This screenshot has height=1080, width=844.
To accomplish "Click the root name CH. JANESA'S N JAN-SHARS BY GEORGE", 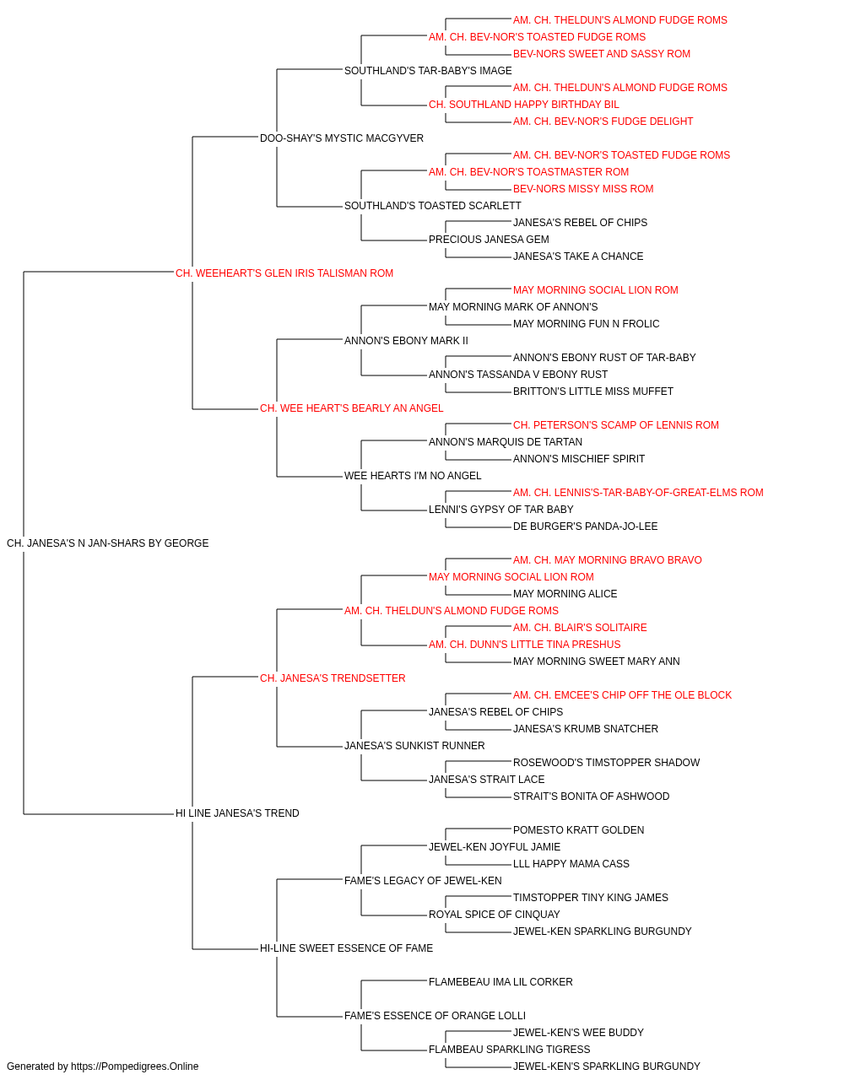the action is [107, 543].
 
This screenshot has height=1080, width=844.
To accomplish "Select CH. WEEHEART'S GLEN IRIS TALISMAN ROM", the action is [284, 273].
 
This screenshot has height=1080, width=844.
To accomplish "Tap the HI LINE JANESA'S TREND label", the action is [237, 813].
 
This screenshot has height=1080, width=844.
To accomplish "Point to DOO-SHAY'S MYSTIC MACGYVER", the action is [342, 138].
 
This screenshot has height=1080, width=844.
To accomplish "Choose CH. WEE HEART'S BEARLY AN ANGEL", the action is [351, 408].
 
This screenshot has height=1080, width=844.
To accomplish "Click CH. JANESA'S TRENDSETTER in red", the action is [333, 678].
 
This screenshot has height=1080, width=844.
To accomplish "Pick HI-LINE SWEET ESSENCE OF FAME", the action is [346, 948].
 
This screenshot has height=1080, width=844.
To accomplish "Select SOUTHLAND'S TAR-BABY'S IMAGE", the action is [428, 71].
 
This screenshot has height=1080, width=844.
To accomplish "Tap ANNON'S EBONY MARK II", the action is [406, 340].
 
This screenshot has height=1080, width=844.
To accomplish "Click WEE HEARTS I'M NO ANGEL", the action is [413, 476].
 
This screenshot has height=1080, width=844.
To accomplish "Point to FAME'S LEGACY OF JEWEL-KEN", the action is [423, 880].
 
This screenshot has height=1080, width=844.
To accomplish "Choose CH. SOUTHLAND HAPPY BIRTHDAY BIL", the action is [524, 105].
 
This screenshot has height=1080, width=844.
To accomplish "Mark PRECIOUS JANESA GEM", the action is [489, 240].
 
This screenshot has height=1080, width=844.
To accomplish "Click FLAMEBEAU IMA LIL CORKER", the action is [500, 981].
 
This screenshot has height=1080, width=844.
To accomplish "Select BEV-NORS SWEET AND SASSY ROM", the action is [602, 54].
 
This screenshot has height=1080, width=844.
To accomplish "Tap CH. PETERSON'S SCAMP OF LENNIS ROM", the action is [616, 425].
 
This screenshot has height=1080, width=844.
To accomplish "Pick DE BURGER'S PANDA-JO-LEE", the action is [585, 526].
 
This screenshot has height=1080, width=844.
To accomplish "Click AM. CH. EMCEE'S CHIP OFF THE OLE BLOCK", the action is [622, 694].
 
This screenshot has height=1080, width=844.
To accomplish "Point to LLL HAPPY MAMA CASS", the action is [571, 864].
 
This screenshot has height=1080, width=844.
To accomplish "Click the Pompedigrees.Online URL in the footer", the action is [135, 1066].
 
